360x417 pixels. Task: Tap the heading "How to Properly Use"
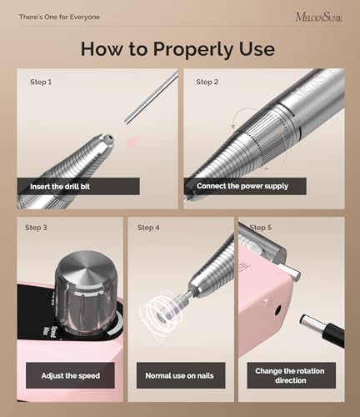coord(177,48)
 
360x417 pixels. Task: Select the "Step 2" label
coord(207,83)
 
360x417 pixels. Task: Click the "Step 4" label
coord(148,228)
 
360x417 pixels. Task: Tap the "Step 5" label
coord(261,228)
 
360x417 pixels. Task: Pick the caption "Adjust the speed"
coord(70,375)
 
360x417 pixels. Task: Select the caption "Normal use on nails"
coord(180,375)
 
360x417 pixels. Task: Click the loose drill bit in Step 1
coord(152,98)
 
